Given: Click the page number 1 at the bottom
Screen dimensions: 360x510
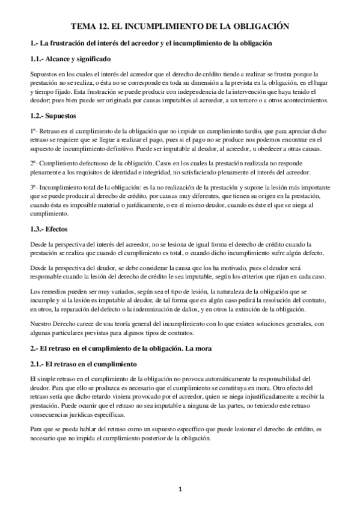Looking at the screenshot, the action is (180, 490).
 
